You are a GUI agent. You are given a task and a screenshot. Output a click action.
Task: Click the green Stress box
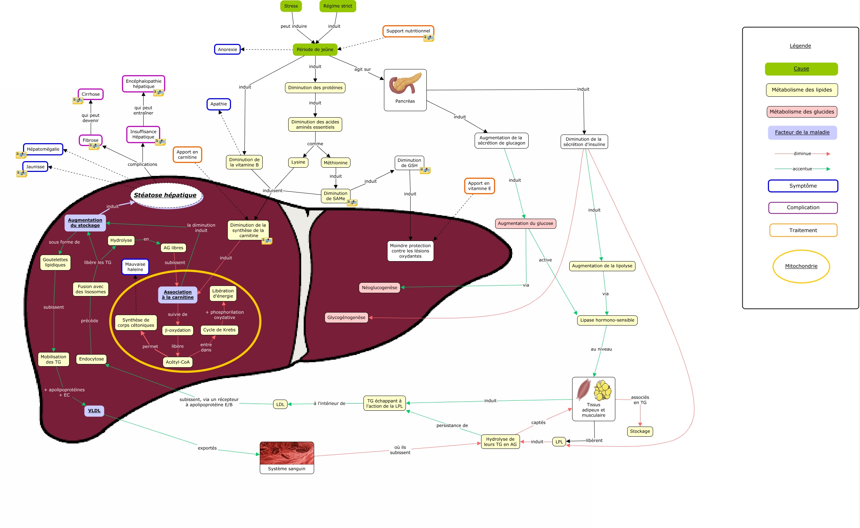click(291, 6)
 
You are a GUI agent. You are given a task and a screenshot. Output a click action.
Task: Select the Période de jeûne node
click(315, 50)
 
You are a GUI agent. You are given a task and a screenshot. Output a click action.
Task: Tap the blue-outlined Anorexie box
click(227, 50)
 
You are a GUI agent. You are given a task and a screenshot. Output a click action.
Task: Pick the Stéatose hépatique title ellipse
click(166, 195)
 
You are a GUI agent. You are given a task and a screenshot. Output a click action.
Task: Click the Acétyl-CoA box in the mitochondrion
click(178, 362)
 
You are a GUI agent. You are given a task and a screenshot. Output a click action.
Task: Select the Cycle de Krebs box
click(219, 330)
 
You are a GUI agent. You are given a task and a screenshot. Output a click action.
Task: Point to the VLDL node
click(94, 411)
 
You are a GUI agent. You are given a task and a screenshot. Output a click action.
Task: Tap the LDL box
click(280, 404)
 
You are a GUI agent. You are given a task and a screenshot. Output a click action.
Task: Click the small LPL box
click(559, 442)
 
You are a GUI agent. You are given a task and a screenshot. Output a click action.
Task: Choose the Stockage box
click(640, 431)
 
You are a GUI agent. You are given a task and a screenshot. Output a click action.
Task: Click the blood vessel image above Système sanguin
click(287, 453)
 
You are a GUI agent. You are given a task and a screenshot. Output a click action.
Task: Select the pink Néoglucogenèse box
click(380, 288)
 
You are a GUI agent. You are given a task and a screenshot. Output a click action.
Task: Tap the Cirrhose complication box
click(91, 94)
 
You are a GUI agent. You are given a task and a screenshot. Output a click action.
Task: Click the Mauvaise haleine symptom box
click(135, 267)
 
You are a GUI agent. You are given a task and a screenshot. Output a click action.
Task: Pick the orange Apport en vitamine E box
click(479, 186)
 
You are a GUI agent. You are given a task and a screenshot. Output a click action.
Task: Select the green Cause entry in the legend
click(801, 69)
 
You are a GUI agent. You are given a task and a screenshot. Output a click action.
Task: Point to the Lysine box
click(298, 162)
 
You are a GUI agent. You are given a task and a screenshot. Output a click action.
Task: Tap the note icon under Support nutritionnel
click(429, 38)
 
